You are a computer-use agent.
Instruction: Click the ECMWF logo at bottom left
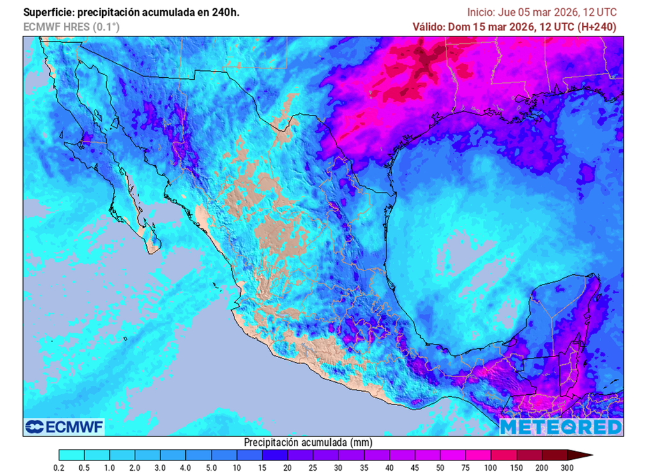[x=64, y=427]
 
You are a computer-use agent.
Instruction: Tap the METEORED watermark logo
[x=561, y=427]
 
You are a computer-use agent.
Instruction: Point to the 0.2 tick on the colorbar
[x=59, y=467]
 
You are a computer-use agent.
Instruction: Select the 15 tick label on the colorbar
[x=262, y=467]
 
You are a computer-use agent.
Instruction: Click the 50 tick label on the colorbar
[x=440, y=467]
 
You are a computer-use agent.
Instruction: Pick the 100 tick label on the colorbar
[x=490, y=467]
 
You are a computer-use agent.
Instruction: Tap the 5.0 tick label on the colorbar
[x=211, y=467]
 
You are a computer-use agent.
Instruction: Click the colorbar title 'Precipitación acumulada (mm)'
[x=308, y=442]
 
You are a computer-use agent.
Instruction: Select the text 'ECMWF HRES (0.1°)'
[x=71, y=27]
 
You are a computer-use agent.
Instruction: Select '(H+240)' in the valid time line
[x=597, y=27]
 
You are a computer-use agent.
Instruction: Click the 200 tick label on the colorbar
[x=542, y=467]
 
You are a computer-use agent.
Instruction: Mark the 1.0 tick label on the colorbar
[x=110, y=467]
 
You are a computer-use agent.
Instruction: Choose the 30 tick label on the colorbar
[x=338, y=467]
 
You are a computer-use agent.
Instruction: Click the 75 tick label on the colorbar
[x=466, y=467]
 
